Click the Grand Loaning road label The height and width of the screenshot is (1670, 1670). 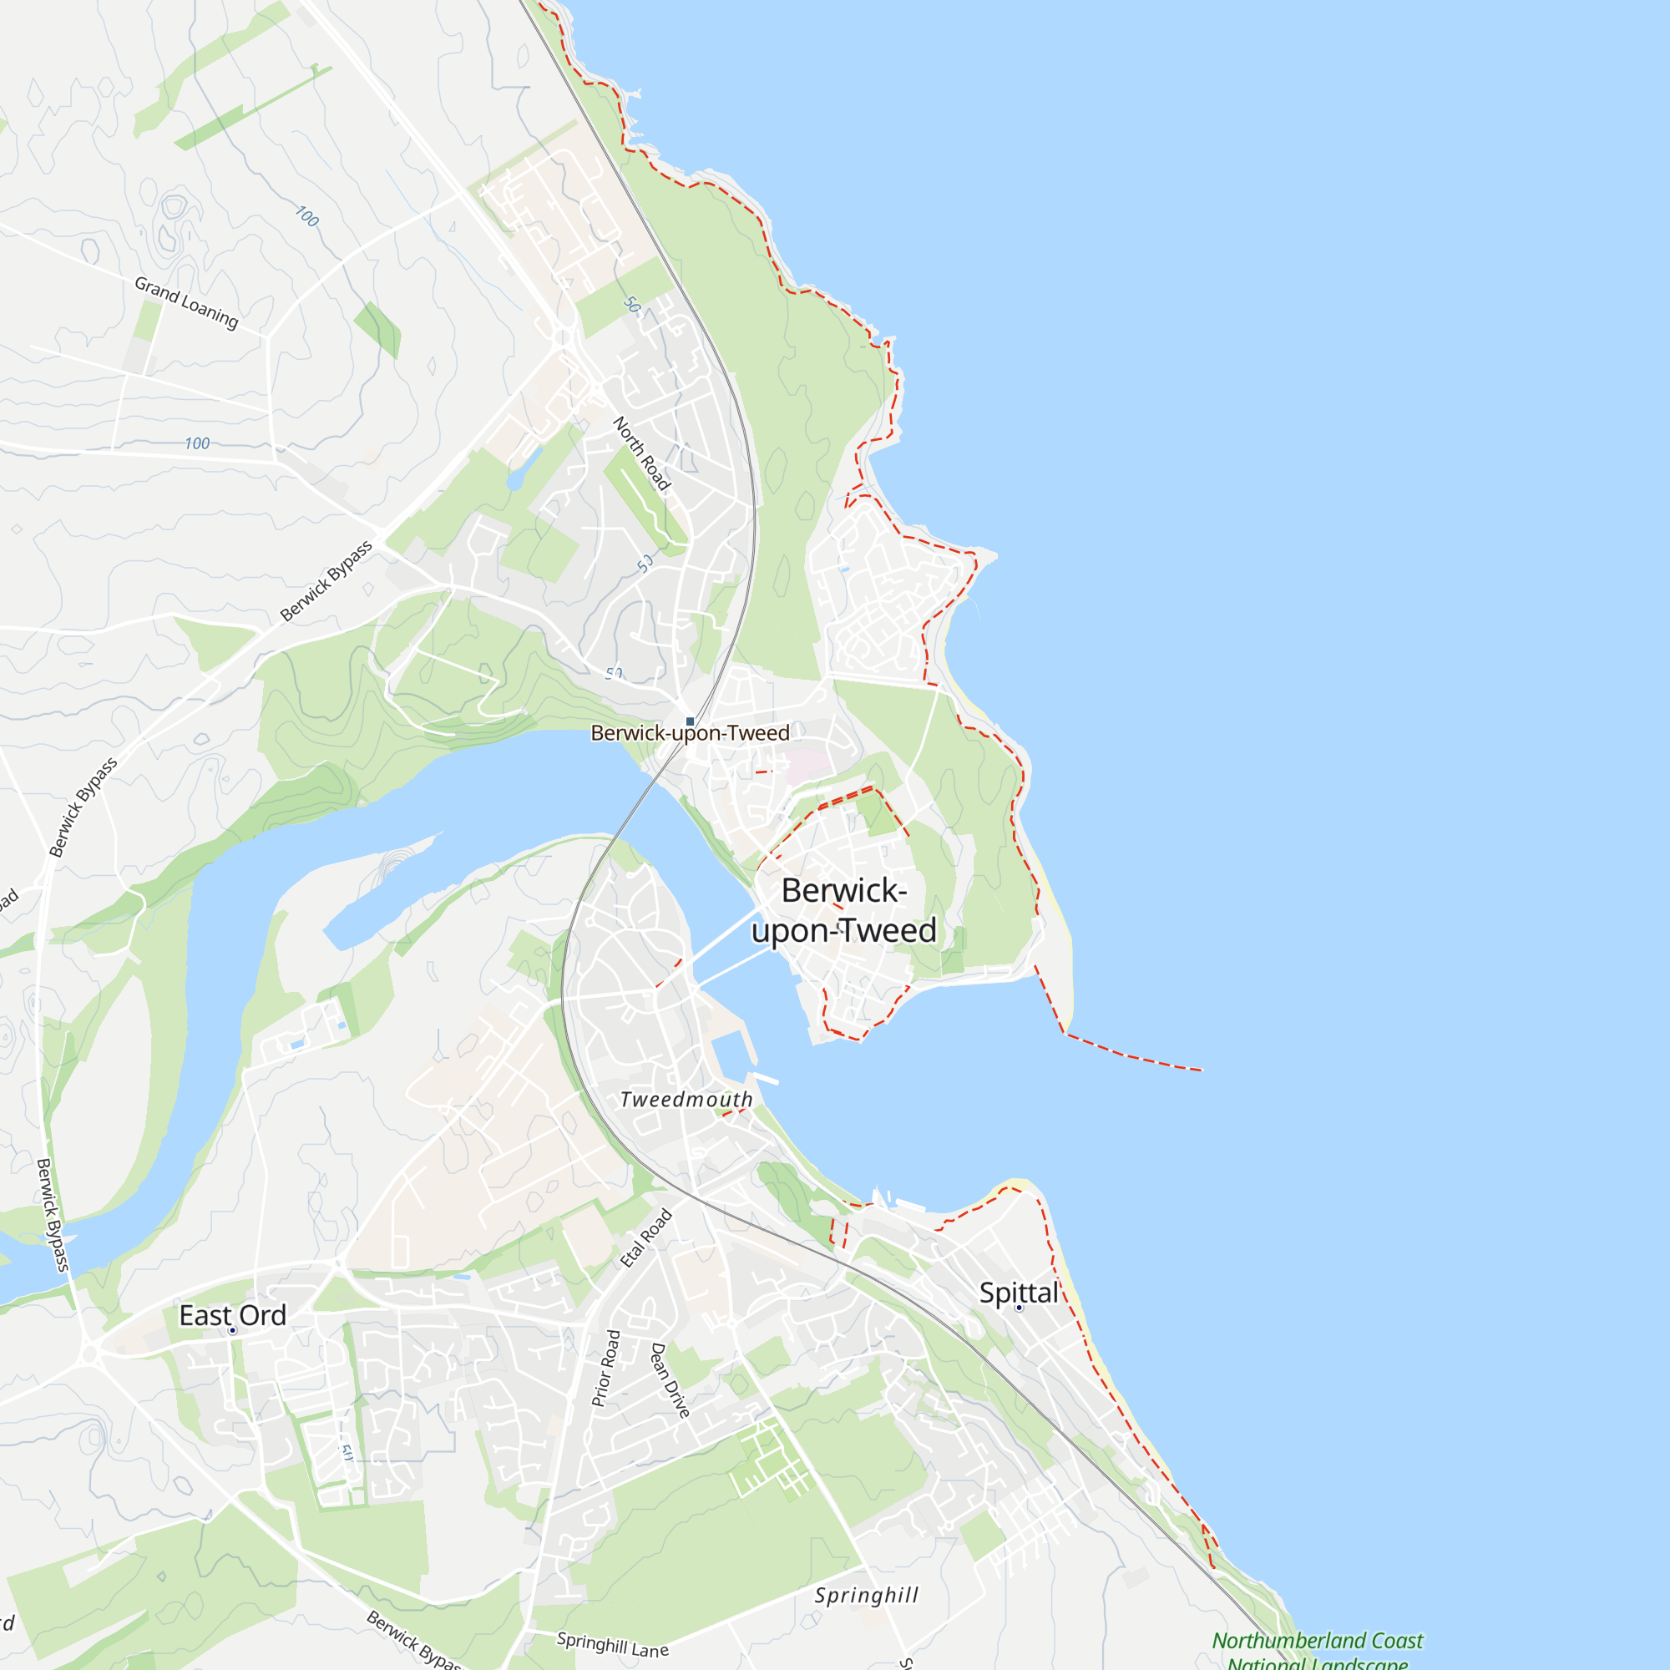coord(186,302)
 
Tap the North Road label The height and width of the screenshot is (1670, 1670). coord(640,453)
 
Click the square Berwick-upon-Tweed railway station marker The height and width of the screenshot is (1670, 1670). coord(690,721)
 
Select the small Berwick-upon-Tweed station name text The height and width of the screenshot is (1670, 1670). coord(690,734)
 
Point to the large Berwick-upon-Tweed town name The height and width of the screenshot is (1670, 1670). coord(844,911)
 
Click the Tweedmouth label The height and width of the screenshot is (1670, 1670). coord(686,1100)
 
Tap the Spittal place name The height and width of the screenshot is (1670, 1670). coord(1018,1293)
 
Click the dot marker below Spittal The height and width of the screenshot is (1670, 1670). coord(1019,1308)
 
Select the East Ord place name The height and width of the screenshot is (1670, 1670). coord(232,1316)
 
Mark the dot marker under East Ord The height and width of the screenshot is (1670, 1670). coord(232,1331)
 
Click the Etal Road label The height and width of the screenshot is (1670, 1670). coord(645,1238)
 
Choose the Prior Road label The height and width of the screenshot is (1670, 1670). coord(606,1369)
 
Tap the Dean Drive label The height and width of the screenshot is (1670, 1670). coord(671,1379)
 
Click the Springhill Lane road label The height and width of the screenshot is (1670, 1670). coord(612,1644)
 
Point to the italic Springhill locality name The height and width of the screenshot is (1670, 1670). coord(866,1596)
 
